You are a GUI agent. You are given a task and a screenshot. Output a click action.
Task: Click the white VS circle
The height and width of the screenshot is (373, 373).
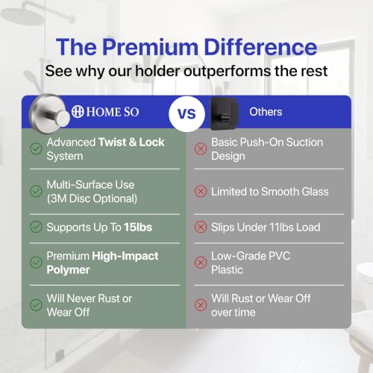tap(186, 113)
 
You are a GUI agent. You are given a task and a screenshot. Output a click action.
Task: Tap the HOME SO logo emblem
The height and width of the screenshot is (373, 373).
tap(78, 112)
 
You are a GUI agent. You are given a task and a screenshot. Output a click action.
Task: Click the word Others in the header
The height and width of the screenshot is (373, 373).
tap(266, 112)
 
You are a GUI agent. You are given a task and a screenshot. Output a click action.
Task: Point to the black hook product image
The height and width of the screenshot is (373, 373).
tap(224, 114)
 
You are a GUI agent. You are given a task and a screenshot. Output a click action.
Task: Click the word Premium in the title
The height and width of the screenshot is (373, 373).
tap(150, 47)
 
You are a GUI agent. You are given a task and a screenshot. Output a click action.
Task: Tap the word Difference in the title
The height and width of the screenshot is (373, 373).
tap(260, 46)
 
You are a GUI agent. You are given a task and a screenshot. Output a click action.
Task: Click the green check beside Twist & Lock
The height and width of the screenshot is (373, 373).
tap(36, 148)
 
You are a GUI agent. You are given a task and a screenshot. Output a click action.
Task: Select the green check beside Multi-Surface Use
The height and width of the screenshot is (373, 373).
tap(36, 191)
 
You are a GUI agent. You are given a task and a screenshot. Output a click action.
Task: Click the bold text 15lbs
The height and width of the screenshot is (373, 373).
tap(138, 228)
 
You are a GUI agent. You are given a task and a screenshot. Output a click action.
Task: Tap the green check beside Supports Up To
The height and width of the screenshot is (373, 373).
tap(36, 227)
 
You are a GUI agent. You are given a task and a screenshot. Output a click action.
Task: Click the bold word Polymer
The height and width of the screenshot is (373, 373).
tap(68, 270)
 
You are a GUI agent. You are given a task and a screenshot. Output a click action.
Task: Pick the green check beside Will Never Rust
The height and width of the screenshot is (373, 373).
tap(36, 305)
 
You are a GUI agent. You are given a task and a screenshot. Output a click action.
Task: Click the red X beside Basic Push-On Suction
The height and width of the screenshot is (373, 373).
tap(201, 148)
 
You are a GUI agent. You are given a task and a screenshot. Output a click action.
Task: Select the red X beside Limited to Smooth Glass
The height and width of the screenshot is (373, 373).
tap(201, 191)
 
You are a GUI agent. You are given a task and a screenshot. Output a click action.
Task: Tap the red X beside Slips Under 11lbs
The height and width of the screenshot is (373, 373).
tap(201, 227)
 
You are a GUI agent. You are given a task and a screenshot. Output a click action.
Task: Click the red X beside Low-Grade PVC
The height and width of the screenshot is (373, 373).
tap(201, 263)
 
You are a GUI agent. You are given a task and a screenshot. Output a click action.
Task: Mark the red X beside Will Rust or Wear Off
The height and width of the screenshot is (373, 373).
tap(201, 305)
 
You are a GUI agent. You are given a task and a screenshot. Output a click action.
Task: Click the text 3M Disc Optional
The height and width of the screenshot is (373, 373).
tap(92, 198)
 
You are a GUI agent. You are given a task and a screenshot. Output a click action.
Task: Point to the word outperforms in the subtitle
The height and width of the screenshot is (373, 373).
tap(228, 71)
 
